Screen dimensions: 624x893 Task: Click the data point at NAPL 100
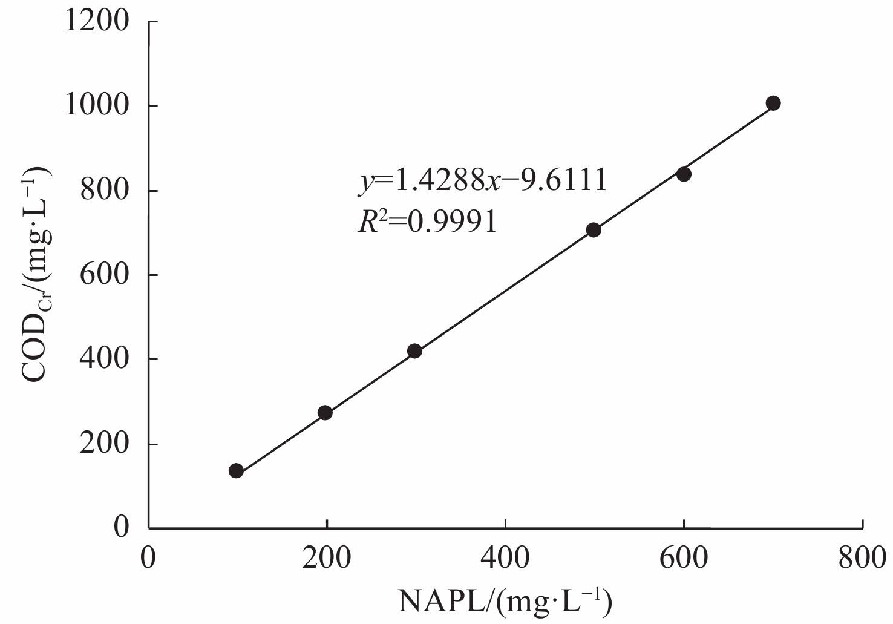coord(236,471)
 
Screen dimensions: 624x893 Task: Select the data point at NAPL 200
coord(325,413)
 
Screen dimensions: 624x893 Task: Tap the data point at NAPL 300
coord(414,351)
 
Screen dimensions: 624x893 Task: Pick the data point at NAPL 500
coord(594,230)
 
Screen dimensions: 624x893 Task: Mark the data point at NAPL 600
coord(684,174)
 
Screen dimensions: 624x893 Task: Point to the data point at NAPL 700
coord(773,103)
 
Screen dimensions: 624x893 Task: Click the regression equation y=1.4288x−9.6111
coord(482,181)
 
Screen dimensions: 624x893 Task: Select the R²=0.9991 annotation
coord(427,223)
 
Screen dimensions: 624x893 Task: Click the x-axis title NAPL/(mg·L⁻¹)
coord(505,602)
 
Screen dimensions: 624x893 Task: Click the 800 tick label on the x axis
coord(862,557)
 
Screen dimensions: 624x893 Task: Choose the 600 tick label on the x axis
coord(683,557)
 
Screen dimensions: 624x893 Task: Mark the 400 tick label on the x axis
coord(505,557)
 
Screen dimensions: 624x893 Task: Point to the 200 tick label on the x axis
coord(327,557)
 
